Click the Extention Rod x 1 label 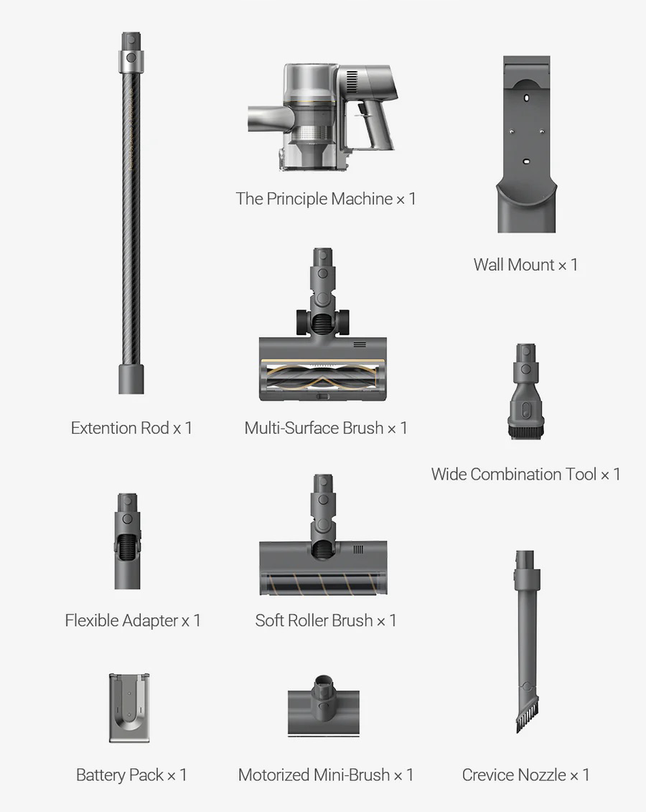click(131, 429)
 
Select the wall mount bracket click(526, 144)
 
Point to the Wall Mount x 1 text click(525, 265)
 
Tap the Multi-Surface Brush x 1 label click(326, 429)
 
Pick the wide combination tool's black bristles click(526, 431)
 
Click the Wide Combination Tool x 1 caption click(525, 475)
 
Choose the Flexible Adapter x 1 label click(133, 620)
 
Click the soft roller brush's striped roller click(322, 583)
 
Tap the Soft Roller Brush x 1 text click(326, 620)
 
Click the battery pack click(129, 708)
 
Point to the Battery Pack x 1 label click(131, 775)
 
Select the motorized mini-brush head click(324, 705)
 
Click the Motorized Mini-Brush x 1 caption click(326, 775)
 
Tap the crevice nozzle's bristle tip click(527, 720)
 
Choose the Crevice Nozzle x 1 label click(525, 775)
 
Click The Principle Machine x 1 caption click(326, 199)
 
